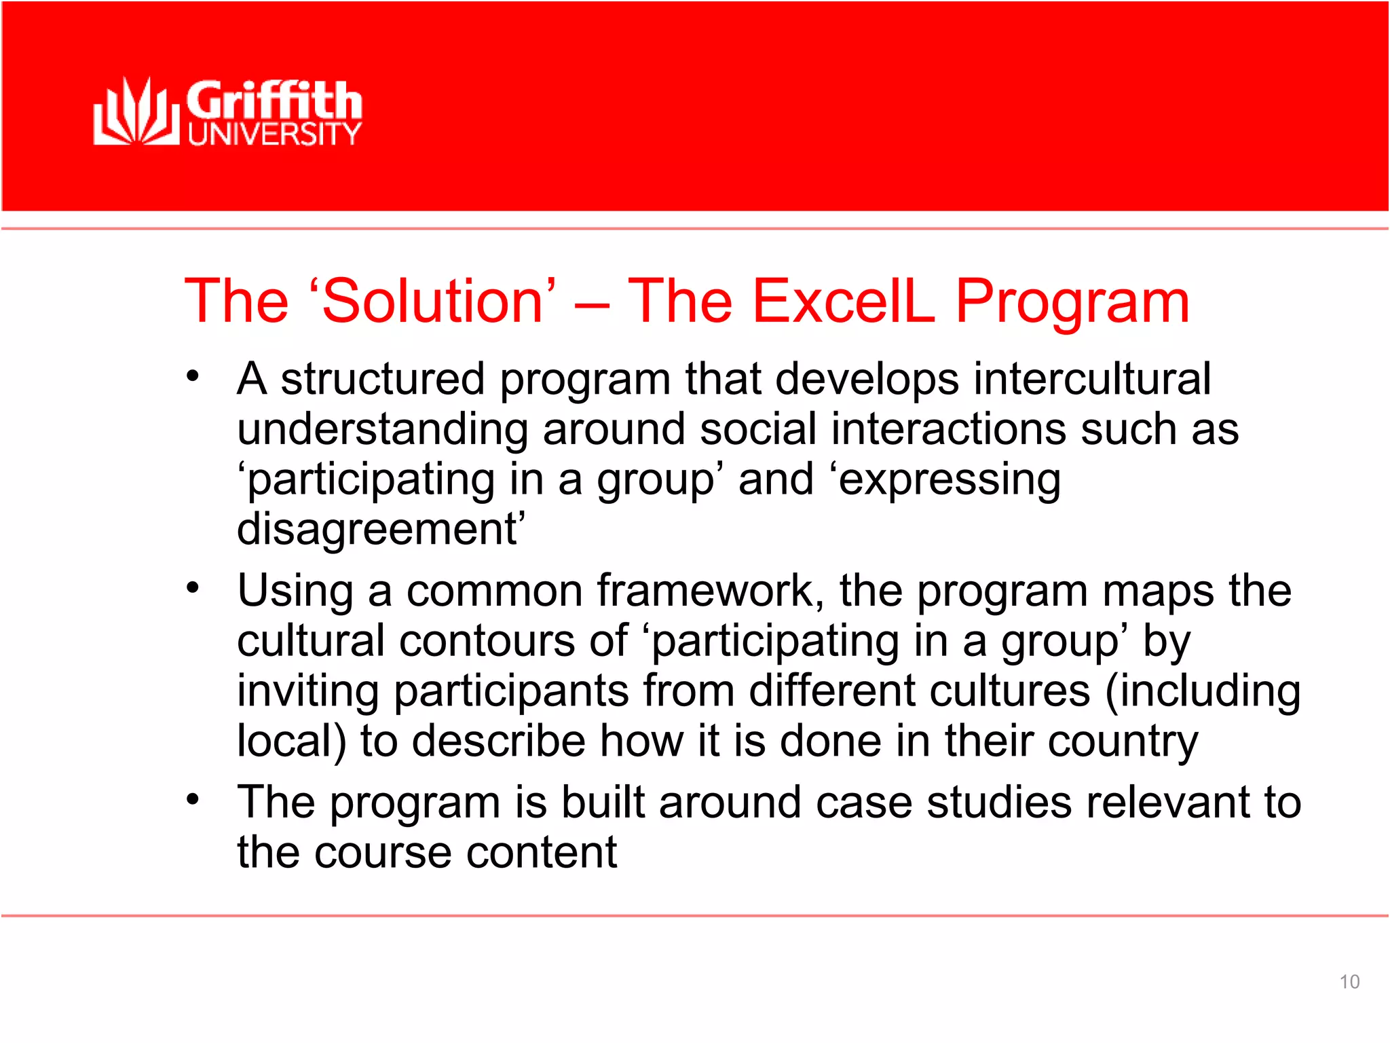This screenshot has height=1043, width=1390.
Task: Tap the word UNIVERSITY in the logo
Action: (274, 134)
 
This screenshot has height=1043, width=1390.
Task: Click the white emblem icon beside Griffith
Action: (135, 112)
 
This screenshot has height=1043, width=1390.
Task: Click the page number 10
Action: (1349, 982)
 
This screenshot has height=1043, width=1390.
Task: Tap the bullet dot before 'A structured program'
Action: (193, 376)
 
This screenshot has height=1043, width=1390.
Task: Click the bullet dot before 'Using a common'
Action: (193, 587)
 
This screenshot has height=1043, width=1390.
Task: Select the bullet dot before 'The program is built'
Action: (193, 799)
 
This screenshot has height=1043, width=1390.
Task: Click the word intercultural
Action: (1092, 378)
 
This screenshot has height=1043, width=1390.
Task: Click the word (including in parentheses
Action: (1202, 691)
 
